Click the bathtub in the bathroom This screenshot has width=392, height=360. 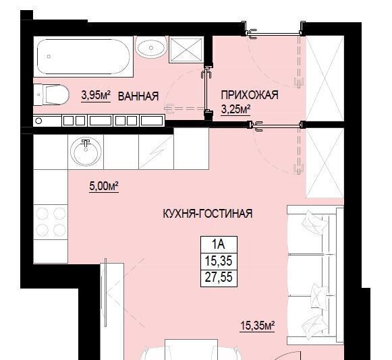(x=84, y=57)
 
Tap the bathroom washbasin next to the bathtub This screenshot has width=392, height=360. (x=151, y=47)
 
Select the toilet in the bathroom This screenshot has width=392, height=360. (x=51, y=94)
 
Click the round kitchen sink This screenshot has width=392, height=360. (x=86, y=152)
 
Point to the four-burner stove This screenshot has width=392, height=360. (x=51, y=222)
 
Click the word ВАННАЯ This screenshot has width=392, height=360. (x=138, y=96)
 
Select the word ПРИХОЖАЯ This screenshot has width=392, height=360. (x=250, y=95)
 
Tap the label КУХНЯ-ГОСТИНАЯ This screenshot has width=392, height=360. (x=208, y=214)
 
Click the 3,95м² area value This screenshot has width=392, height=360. (x=96, y=95)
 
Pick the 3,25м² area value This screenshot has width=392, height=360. (x=235, y=109)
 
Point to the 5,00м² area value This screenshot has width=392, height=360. (x=104, y=186)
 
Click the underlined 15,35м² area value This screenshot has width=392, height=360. (x=257, y=326)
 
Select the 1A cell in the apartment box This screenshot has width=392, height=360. (x=219, y=244)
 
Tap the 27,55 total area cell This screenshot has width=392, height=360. (x=219, y=277)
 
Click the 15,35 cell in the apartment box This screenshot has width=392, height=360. (x=219, y=261)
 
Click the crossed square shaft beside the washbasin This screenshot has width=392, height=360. (x=186, y=49)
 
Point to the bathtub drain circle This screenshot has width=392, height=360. (x=49, y=57)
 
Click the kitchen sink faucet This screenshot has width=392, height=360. (x=86, y=144)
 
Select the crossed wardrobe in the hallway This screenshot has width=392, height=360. (x=325, y=78)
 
